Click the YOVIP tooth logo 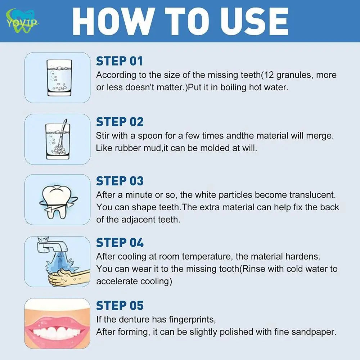click(22, 21)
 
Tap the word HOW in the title click(112, 21)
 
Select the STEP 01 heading click(120, 61)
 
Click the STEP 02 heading click(120, 122)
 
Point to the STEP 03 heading click(120, 181)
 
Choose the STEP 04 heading click(120, 243)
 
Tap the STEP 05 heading click(120, 306)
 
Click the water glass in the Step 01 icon click(59, 78)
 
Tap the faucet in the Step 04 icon click(51, 245)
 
